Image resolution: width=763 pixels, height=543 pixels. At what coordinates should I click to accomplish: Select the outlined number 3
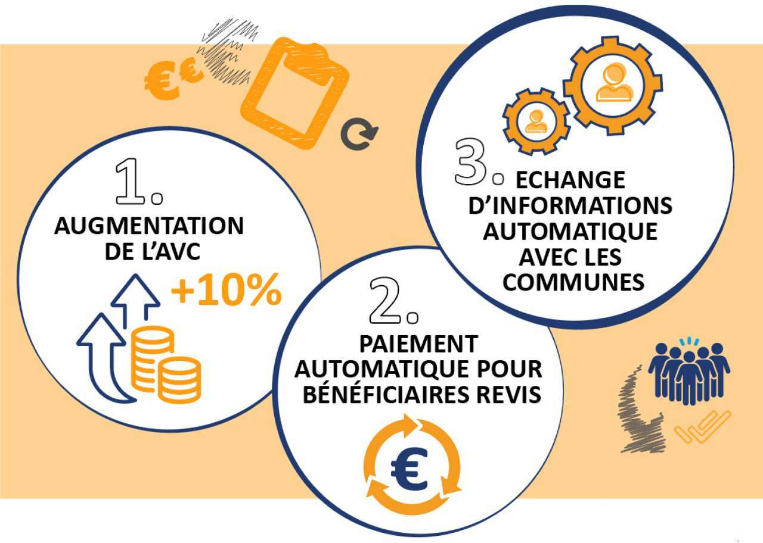[471, 162]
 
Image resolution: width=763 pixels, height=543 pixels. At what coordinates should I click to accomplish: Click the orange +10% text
[227, 290]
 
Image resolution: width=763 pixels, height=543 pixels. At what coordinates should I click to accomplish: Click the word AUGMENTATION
[149, 226]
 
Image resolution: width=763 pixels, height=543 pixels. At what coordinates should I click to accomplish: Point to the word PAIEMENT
[418, 344]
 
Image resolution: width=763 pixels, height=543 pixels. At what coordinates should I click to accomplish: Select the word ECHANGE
[570, 179]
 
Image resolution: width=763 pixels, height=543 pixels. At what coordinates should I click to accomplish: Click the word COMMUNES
[573, 282]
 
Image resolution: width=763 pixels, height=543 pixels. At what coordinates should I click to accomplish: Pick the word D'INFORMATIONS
[570, 205]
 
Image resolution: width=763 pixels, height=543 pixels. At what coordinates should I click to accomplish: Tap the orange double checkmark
[702, 427]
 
